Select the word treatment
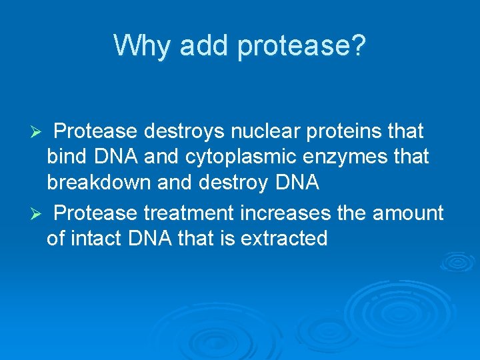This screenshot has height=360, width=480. pyautogui.click(x=189, y=213)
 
